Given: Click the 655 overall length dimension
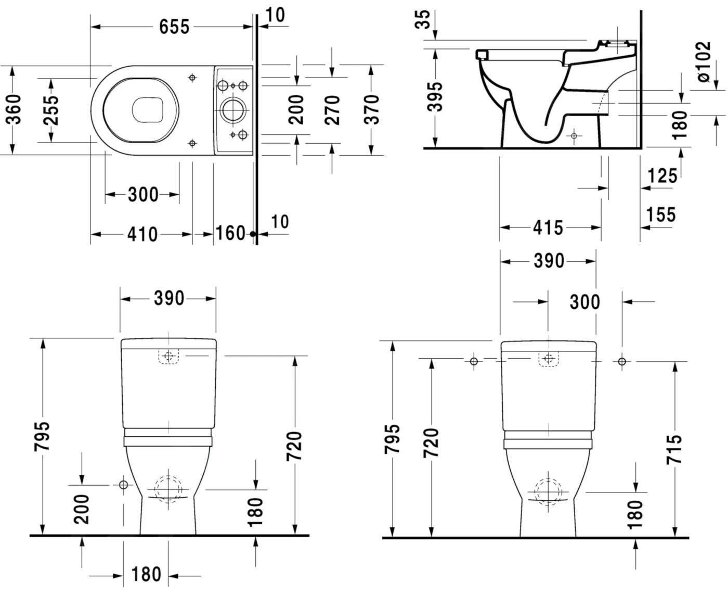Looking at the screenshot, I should (174, 27).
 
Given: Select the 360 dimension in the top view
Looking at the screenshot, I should (15, 109).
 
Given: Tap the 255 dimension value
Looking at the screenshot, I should (51, 110).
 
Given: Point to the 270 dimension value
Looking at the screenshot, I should (332, 109).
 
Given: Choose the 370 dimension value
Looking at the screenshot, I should (371, 109).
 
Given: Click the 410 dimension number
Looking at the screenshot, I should (142, 234).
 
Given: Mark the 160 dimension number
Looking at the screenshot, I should (230, 233).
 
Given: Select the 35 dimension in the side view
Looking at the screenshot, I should (425, 19).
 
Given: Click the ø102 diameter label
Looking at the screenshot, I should (703, 62).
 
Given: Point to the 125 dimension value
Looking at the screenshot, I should (662, 176).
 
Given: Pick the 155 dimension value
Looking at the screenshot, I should (661, 214).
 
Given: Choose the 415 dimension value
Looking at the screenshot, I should (548, 228).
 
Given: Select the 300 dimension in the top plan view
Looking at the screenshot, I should (143, 195).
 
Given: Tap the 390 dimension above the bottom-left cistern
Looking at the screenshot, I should (169, 298).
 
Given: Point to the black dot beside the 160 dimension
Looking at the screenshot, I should (253, 234).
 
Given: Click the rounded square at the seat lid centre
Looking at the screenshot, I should (148, 110).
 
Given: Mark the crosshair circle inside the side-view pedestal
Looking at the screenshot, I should (574, 136).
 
